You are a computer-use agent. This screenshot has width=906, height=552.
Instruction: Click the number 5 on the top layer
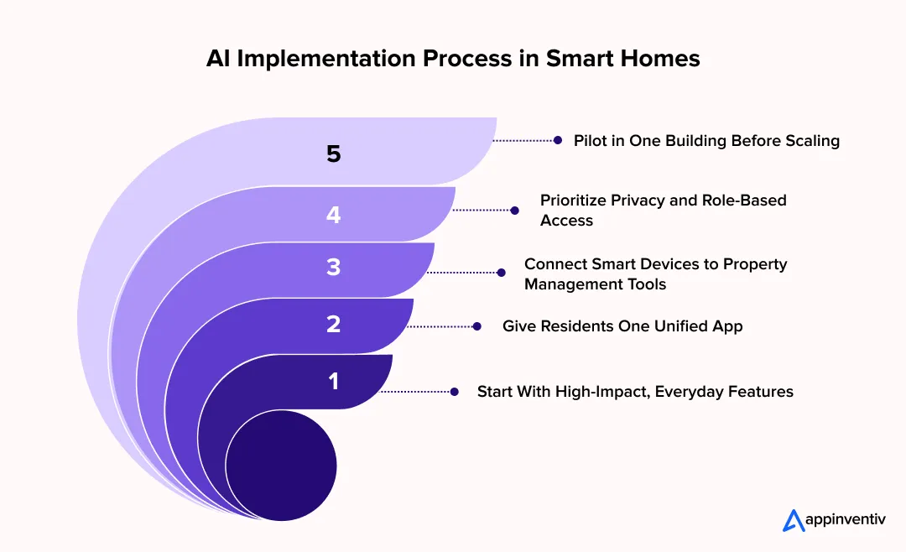click(x=334, y=154)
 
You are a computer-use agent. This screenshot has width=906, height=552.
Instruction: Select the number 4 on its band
click(x=334, y=215)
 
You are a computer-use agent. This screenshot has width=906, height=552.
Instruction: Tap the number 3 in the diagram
click(x=334, y=268)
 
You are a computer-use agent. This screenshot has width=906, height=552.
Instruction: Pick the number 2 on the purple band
click(x=334, y=325)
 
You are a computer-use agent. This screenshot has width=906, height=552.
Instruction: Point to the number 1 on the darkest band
click(x=334, y=381)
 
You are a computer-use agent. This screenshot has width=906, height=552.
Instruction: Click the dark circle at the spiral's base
click(x=281, y=465)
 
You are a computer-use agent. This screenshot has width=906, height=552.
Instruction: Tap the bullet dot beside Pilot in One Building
click(x=557, y=141)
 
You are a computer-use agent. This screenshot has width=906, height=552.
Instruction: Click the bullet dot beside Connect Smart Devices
click(x=501, y=273)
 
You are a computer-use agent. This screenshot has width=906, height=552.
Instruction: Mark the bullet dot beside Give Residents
click(x=476, y=326)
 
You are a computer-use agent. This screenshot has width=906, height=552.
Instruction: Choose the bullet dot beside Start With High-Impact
click(x=455, y=392)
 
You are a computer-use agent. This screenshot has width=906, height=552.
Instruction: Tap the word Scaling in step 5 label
click(x=811, y=141)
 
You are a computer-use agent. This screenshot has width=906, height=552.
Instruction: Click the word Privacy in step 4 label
click(x=656, y=200)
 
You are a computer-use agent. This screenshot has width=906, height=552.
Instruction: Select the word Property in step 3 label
click(x=758, y=264)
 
